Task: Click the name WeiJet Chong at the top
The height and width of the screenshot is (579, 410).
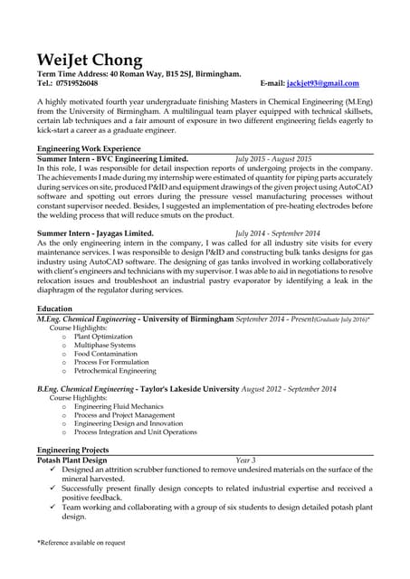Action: tap(89, 60)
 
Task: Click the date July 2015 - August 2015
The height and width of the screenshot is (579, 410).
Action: tap(272, 157)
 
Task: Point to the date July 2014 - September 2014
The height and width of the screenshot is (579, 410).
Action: tap(277, 233)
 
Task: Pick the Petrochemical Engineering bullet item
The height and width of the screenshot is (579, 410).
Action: tap(115, 370)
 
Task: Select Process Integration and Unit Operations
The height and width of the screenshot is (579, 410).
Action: tap(135, 432)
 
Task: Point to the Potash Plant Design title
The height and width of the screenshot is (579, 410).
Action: tap(75, 460)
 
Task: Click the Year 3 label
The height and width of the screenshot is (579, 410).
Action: tap(245, 460)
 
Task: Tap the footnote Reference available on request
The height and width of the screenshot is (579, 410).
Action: tap(81, 542)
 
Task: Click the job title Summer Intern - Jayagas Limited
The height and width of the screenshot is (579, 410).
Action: tap(94, 233)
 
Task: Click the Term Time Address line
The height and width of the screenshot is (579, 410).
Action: tap(138, 73)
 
